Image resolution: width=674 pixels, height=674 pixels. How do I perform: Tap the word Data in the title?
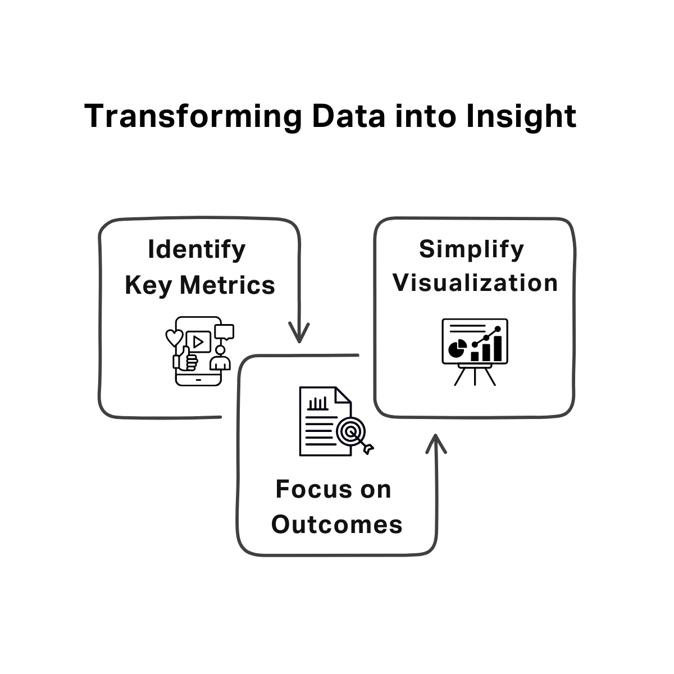[349, 116]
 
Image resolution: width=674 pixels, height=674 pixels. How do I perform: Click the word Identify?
[197, 250]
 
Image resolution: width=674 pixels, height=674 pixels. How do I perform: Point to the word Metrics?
[227, 285]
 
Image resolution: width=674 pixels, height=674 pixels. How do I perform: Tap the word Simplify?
[471, 250]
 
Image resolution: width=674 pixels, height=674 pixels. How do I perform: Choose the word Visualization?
[475, 283]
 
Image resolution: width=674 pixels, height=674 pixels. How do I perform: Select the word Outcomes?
[337, 525]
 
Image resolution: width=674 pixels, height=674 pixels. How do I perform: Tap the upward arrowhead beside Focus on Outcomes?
[436, 444]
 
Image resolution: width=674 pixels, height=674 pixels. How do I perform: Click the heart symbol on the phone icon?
[174, 338]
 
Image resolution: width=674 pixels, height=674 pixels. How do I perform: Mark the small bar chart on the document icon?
[317, 403]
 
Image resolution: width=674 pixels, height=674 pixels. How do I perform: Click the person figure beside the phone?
[220, 359]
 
